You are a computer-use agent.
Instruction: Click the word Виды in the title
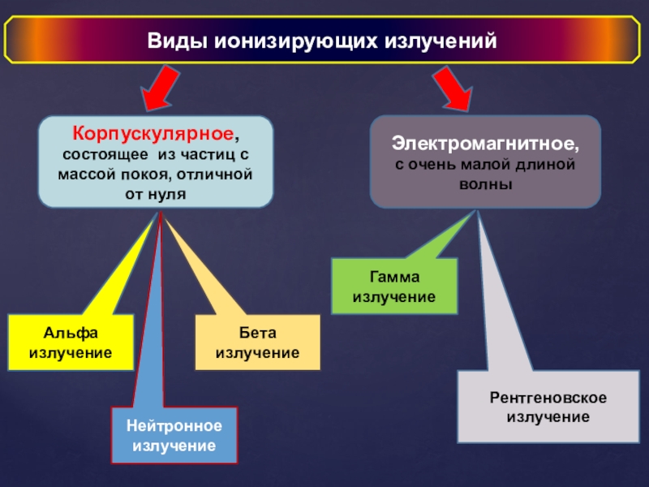point(176,41)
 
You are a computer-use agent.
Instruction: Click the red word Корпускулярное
point(153,132)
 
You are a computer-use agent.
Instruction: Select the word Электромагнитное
point(485,144)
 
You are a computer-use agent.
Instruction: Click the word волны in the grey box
point(485,184)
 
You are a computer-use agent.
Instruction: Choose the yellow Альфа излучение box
point(71,343)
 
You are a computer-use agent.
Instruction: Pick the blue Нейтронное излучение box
point(174,436)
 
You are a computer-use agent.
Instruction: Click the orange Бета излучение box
point(258,343)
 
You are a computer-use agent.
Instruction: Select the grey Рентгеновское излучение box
point(548,407)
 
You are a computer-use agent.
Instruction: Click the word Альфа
point(71,334)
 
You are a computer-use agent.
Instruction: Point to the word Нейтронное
point(174,426)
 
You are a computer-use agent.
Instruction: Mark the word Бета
point(258,334)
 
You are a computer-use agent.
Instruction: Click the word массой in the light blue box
point(84,175)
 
